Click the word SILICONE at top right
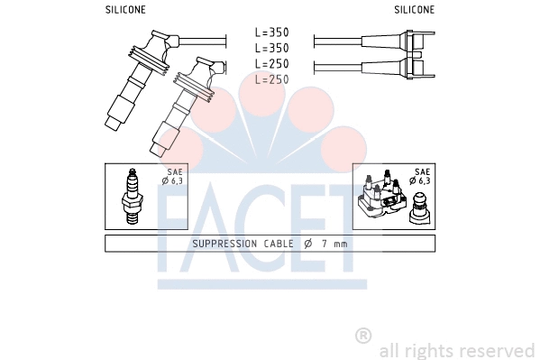[414, 10]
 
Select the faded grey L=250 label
[271, 79]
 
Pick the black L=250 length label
[271, 64]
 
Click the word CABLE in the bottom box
[279, 244]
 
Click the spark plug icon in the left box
[132, 196]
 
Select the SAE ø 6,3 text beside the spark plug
[171, 177]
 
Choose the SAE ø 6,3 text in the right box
[421, 177]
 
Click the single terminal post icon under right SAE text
[419, 206]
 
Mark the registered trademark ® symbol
[363, 335]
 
